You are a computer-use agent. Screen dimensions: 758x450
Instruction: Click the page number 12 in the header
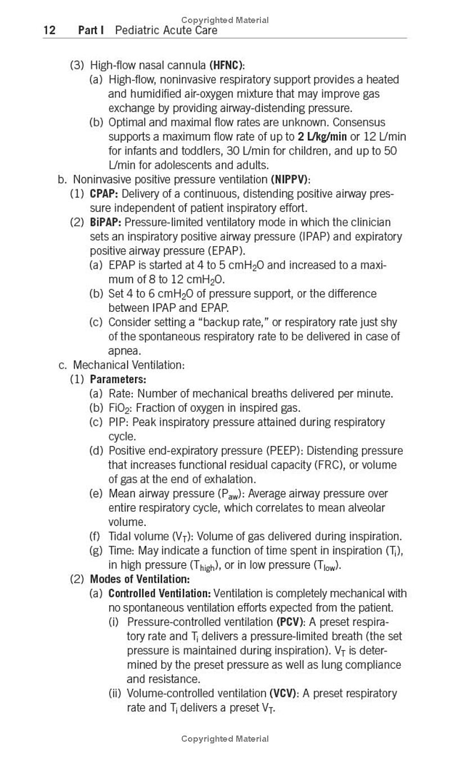[49, 30]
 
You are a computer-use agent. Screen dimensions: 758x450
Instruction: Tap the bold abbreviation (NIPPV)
[290, 180]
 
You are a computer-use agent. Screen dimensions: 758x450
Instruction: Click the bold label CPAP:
[104, 194]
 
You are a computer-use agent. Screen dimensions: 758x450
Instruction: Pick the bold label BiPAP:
[106, 222]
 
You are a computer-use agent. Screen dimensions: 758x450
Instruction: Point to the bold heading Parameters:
[118, 379]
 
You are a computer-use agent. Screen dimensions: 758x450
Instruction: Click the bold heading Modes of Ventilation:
[139, 579]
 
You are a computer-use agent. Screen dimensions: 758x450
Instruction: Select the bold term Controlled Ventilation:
[159, 593]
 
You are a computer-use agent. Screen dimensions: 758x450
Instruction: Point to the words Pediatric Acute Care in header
[166, 30]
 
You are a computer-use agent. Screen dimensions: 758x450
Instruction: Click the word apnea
[124, 351]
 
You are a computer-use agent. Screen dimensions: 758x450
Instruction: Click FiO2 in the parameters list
[119, 408]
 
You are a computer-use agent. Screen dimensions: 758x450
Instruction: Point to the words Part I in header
[91, 30]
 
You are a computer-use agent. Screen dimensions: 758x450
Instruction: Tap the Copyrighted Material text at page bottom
[225, 739]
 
